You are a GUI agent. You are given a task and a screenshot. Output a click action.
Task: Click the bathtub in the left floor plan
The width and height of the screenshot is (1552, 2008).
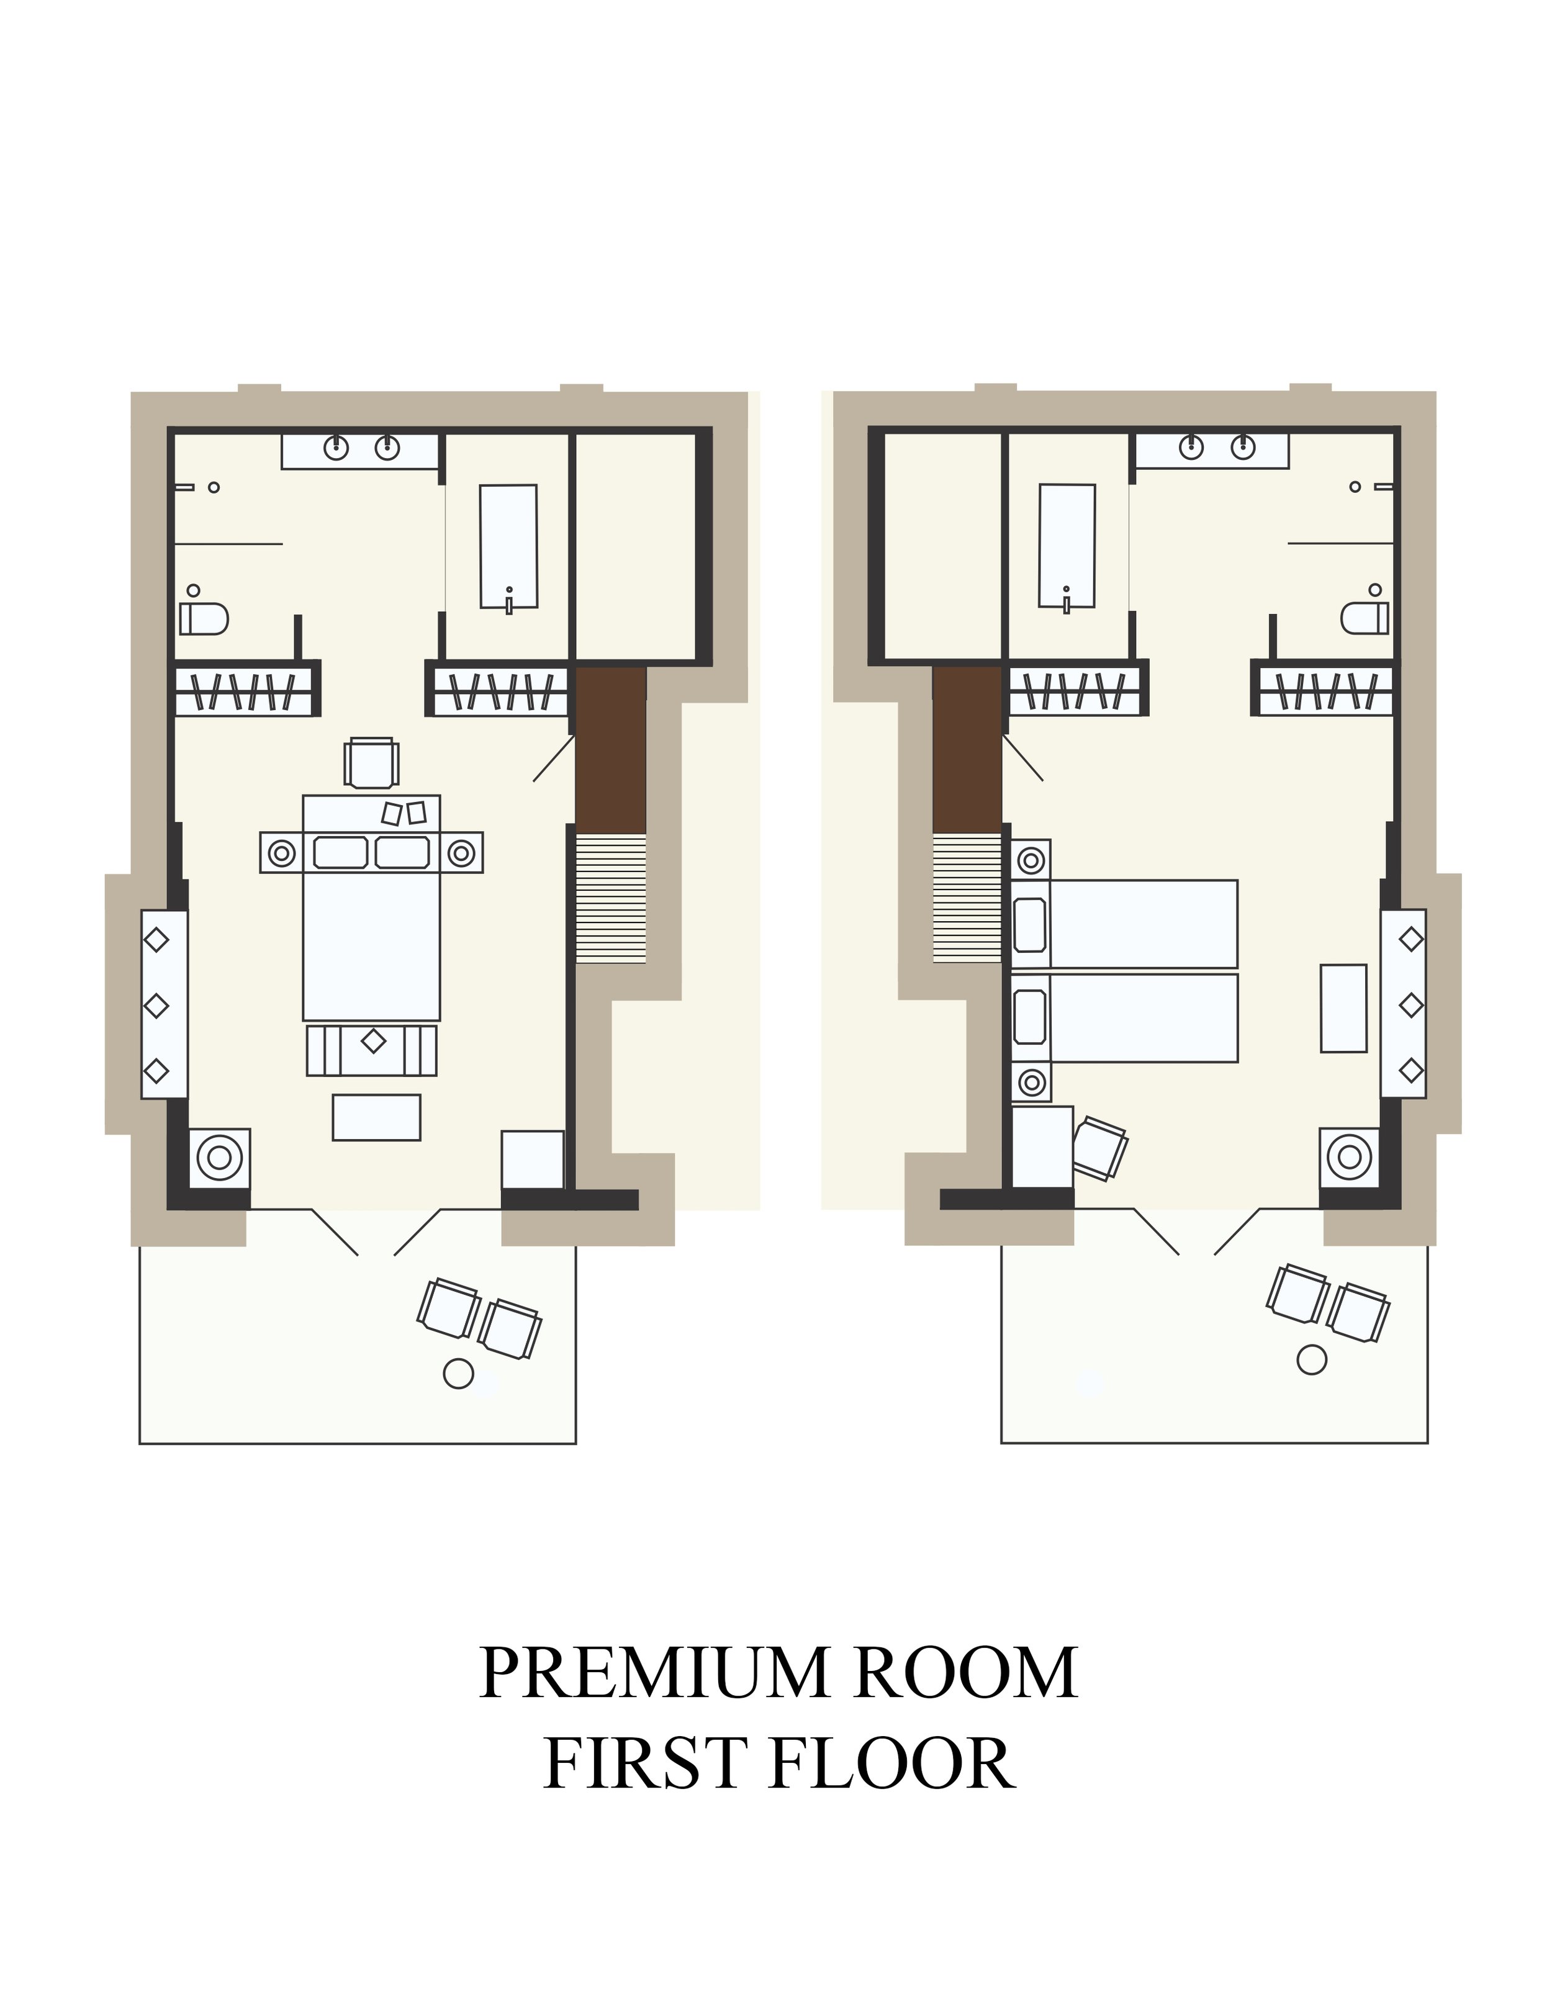pos(508,546)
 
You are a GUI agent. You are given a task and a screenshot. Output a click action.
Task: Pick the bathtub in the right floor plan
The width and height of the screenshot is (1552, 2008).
pos(1067,546)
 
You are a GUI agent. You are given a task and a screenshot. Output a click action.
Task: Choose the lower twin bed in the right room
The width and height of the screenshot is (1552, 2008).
pos(1124,1019)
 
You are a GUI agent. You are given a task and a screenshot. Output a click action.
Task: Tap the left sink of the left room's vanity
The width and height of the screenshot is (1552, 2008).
pos(336,448)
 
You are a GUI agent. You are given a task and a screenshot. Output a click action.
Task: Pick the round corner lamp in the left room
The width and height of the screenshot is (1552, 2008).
pos(220,1158)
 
